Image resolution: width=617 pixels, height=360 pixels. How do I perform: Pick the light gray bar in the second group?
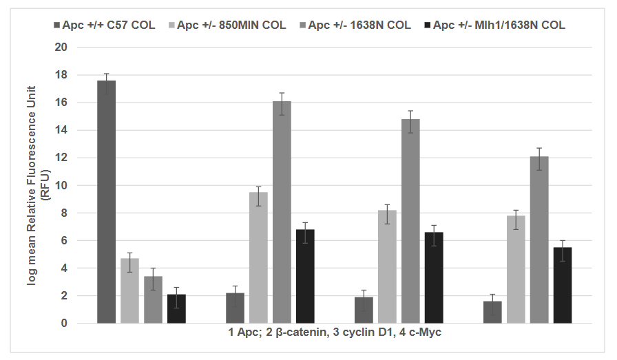[x=258, y=257]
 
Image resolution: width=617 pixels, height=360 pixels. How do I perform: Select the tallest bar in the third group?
[x=410, y=221]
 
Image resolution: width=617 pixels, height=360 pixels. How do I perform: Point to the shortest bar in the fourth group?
[x=492, y=312]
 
